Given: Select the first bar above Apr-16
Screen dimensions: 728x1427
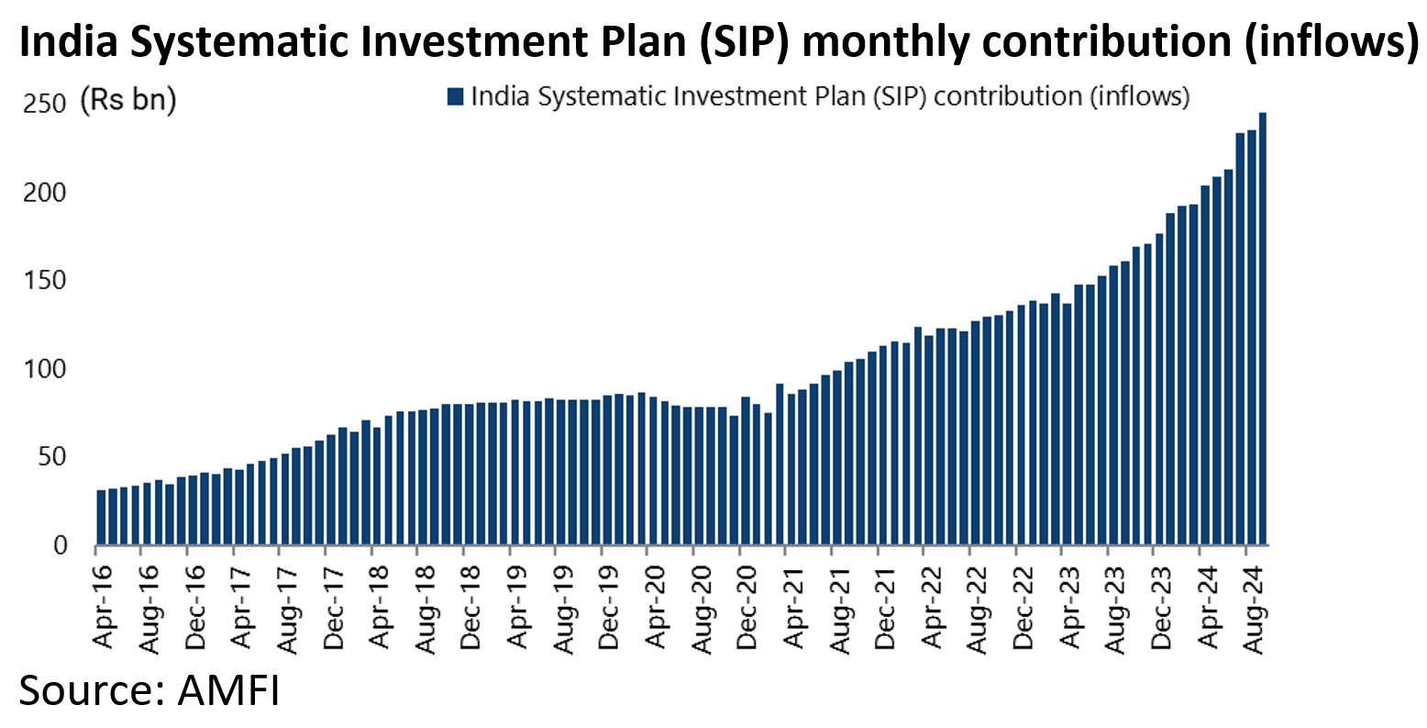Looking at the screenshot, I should pyautogui.click(x=101, y=517).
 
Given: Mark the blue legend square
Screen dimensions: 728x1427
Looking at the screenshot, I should pyautogui.click(x=456, y=96).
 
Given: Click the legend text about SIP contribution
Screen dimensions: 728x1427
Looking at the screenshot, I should pyautogui.click(x=830, y=96).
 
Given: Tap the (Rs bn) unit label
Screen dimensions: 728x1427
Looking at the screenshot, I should pyautogui.click(x=127, y=99).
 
